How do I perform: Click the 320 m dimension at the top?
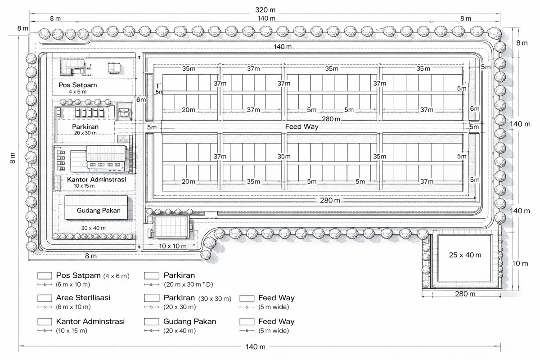[x=265, y=10]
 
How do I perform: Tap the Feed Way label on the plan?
[x=301, y=126]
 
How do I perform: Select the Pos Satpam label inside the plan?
[x=77, y=85]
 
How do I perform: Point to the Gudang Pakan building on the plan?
[x=96, y=207]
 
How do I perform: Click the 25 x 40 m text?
[x=465, y=255]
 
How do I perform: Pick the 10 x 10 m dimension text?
[x=173, y=246]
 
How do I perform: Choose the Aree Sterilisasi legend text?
[x=83, y=297]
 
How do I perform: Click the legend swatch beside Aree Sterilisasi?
[x=45, y=298]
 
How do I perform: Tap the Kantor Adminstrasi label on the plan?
[x=96, y=180]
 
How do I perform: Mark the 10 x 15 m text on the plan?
[x=84, y=186]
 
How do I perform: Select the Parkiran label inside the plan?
[x=85, y=126]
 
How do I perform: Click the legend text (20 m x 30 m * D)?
[x=188, y=284]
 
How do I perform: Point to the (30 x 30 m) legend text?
[x=215, y=299]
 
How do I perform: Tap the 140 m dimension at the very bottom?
[x=255, y=347]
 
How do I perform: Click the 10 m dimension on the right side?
[x=520, y=264]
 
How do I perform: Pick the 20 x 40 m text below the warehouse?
[x=93, y=228]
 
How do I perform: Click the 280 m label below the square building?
[x=465, y=294]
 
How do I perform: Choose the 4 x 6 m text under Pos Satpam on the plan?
[x=77, y=92]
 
